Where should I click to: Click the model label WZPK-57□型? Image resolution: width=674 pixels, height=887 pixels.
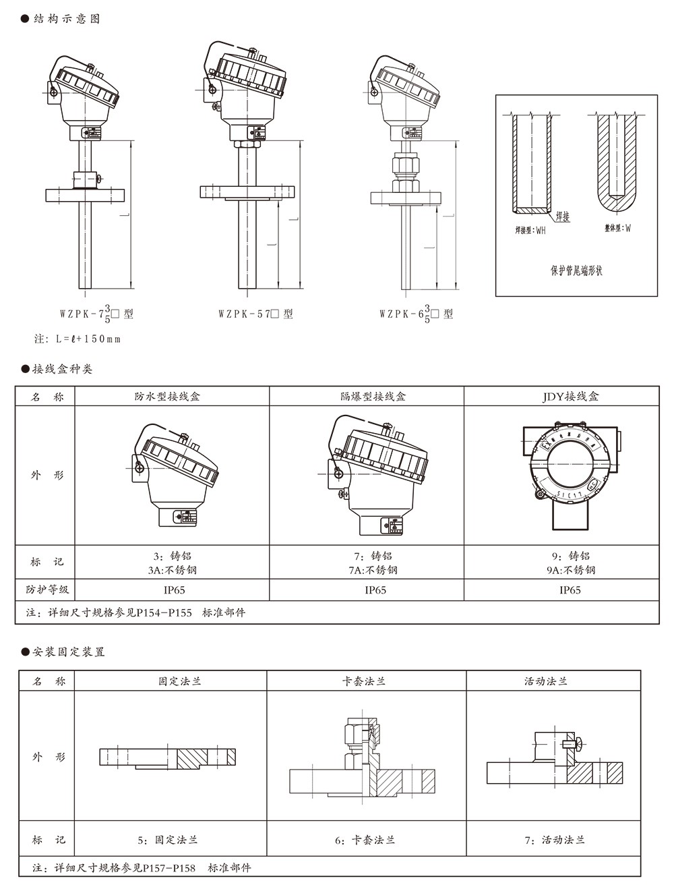pos(255,314)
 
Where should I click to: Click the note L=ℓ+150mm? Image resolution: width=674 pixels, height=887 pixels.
pos(78,339)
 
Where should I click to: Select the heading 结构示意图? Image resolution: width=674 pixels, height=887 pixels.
pos(66,19)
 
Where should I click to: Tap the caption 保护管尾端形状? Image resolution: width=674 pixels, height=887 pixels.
pos(576,271)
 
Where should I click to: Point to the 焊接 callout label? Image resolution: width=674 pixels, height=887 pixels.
pos(562,217)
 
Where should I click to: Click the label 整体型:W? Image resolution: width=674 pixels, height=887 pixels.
pos(617,229)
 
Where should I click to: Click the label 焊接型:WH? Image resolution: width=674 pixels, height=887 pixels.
pos(530,231)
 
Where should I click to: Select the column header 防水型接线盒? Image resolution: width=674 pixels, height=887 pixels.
pos(172,397)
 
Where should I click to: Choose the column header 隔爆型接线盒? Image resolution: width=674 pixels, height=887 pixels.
pos(367,397)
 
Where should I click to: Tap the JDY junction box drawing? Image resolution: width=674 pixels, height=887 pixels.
pos(570,472)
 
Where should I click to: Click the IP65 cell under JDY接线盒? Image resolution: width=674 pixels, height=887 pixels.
pos(570,590)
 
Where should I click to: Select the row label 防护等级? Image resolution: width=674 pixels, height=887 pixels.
pos(47,590)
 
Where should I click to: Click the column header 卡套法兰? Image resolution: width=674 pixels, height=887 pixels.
pos(365,681)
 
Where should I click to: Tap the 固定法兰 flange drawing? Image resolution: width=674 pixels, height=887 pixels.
pos(168,757)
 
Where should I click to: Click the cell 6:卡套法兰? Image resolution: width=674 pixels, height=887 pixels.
pos(365,840)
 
